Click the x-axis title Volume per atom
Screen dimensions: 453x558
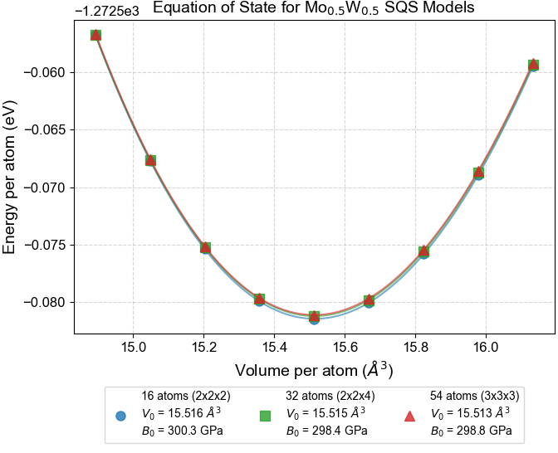(x=315, y=369)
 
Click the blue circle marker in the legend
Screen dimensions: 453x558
(x=121, y=415)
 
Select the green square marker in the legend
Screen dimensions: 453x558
(x=266, y=415)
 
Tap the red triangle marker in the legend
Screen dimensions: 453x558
(x=409, y=415)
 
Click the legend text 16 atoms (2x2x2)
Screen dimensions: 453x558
(x=181, y=397)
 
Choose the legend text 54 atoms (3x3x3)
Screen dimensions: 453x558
(x=470, y=397)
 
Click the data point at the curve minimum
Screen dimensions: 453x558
(x=314, y=317)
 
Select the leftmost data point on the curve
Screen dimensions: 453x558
(x=95, y=35)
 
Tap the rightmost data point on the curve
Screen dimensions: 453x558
(x=533, y=65)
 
